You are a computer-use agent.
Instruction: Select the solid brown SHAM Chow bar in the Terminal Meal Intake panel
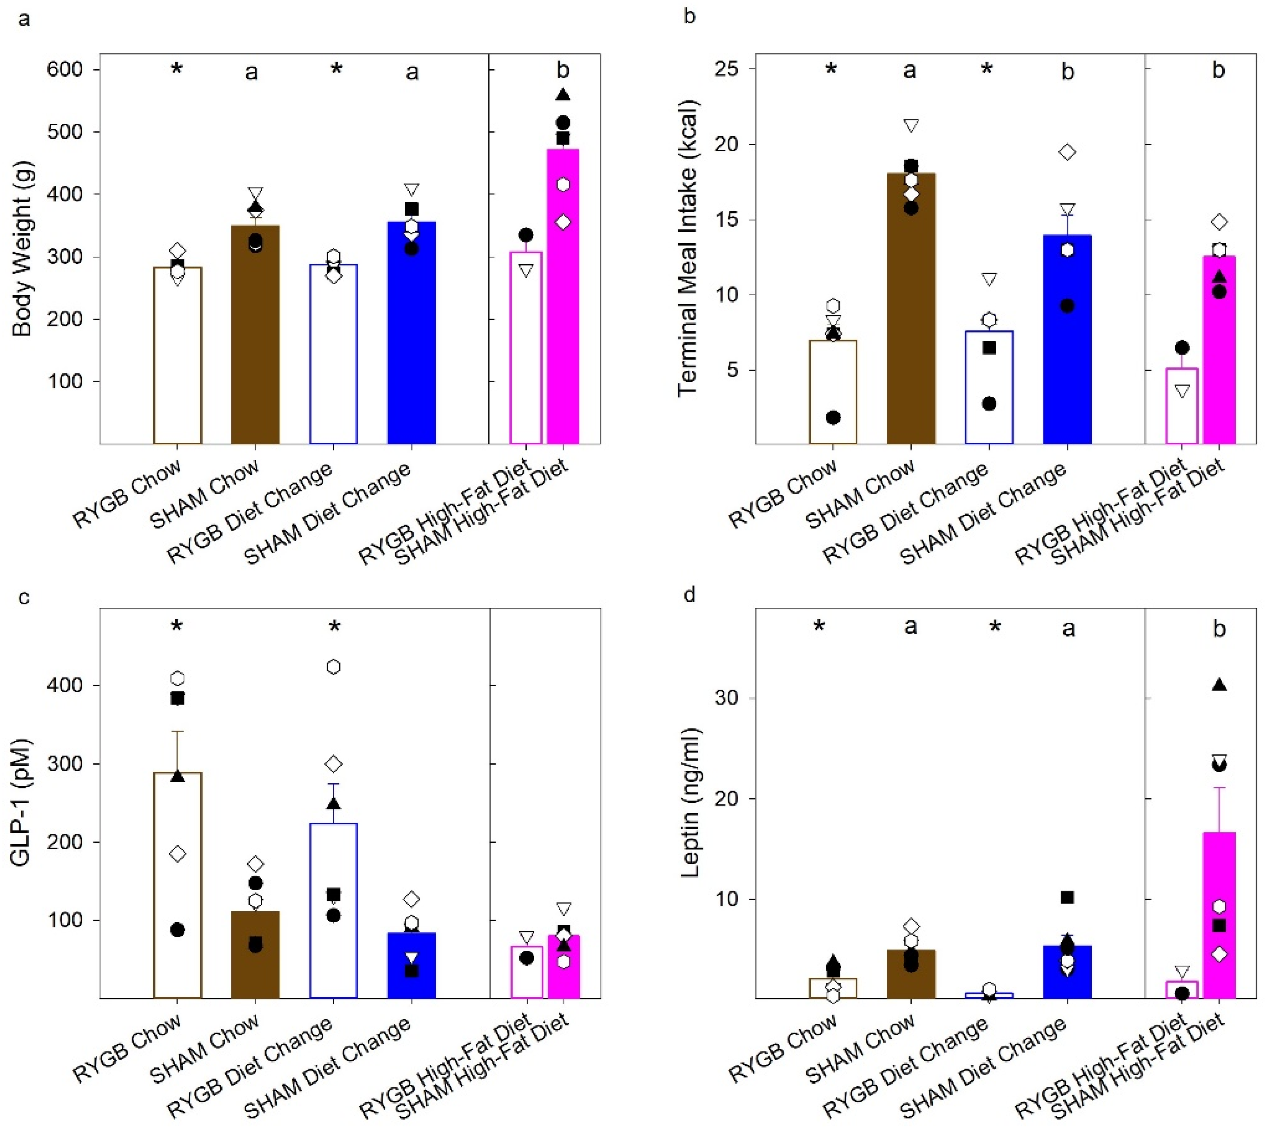pyautogui.click(x=911, y=311)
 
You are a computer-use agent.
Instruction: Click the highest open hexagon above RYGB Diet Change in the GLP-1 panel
pyautogui.click(x=334, y=667)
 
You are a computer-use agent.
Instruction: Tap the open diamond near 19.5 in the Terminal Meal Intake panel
pyautogui.click(x=1067, y=152)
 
